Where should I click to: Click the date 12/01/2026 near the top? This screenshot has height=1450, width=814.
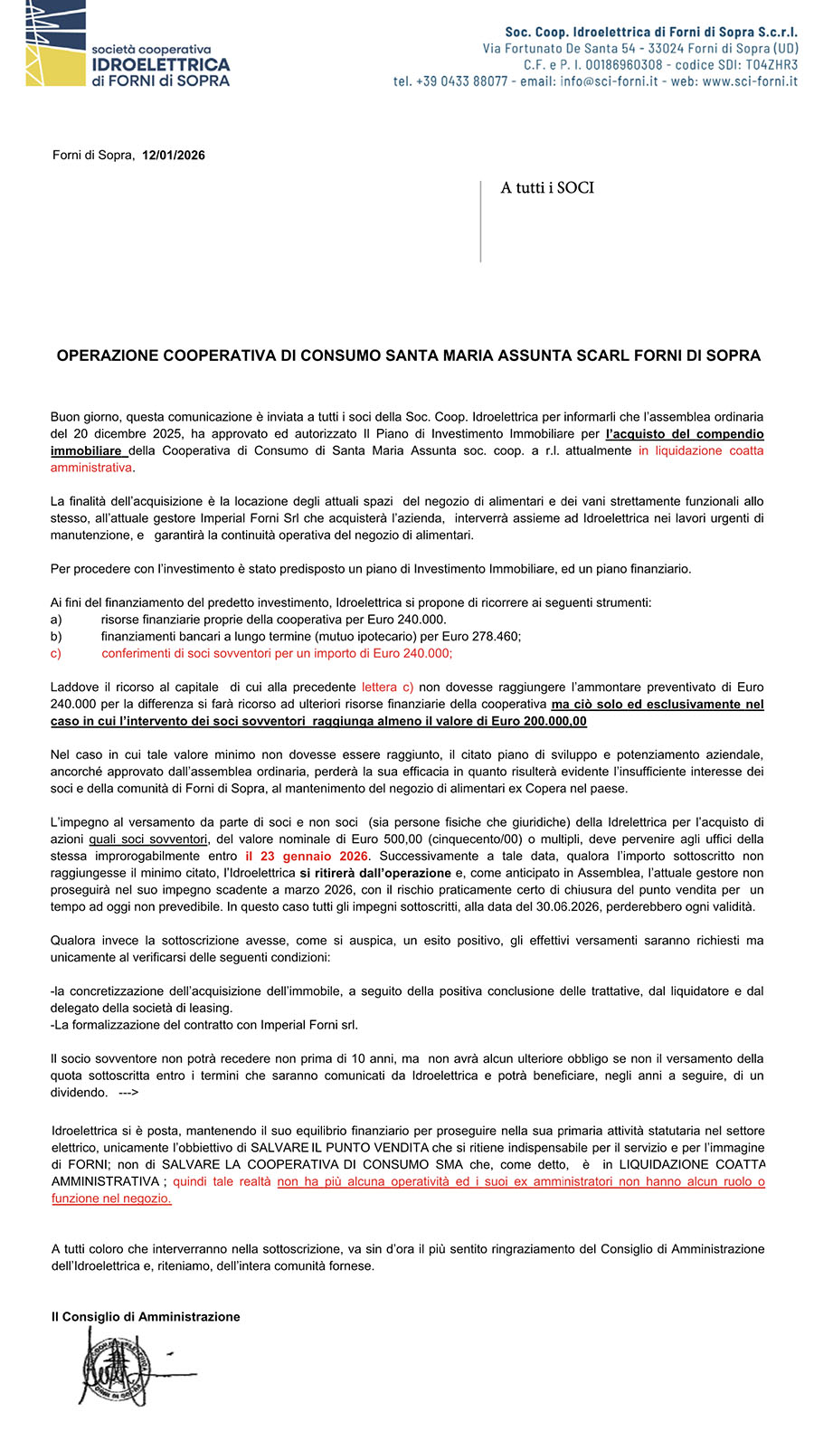click(x=174, y=156)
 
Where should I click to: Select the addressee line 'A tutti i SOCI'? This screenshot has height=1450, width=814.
click(x=547, y=188)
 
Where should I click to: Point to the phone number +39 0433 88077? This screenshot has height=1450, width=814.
click(x=450, y=81)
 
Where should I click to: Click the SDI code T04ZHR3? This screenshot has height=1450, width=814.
click(x=771, y=65)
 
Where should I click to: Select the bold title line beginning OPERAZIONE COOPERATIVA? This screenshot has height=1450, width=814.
click(x=408, y=355)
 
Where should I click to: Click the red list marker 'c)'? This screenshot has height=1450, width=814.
click(x=56, y=653)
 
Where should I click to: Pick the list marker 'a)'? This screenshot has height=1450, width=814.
click(x=56, y=620)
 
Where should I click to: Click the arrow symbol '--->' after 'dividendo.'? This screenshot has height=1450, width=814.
click(x=128, y=1093)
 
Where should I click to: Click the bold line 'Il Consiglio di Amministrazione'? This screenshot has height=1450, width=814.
click(x=146, y=1317)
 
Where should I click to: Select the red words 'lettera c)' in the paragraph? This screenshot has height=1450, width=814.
click(x=387, y=687)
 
